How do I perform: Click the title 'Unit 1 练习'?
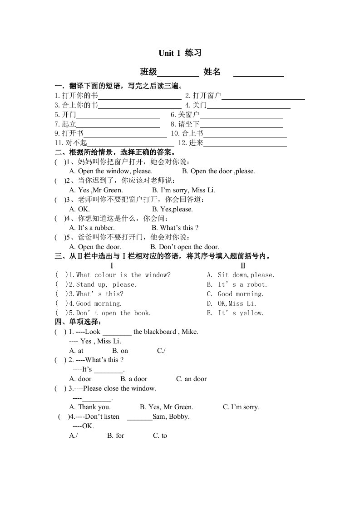pyautogui.click(x=180, y=53)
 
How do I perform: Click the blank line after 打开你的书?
pyautogui.click(x=140, y=97)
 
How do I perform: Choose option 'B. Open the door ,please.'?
pyautogui.click(x=218, y=171)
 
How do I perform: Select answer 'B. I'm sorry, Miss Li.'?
pyautogui.click(x=183, y=190)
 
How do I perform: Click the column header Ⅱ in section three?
pyautogui.click(x=243, y=265)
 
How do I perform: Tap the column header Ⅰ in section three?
pyautogui.click(x=112, y=265)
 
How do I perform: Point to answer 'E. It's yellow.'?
pyautogui.click(x=235, y=313)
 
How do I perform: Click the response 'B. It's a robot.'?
pyautogui.click(x=237, y=284)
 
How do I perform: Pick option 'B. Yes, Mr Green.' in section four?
pyautogui.click(x=167, y=407)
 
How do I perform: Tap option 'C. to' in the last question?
pyautogui.click(x=160, y=436)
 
